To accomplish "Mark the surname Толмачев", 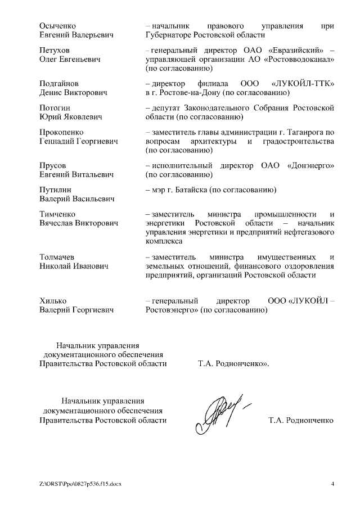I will coord(58,256).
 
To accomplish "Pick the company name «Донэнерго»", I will coord(310,165).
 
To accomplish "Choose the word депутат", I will coord(165,107).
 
